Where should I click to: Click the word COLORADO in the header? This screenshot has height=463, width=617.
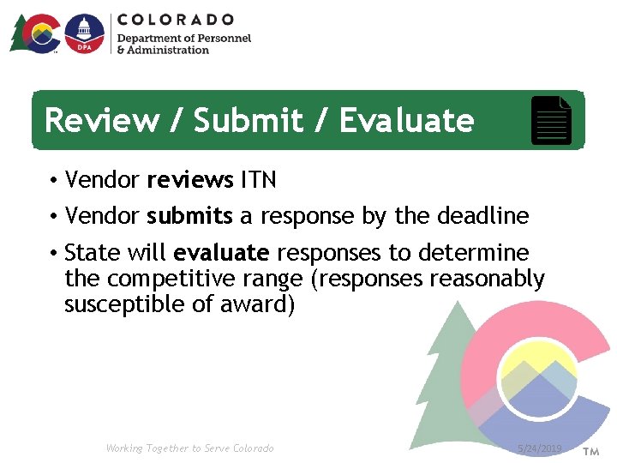point(176,19)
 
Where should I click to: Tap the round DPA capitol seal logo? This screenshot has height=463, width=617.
point(84,34)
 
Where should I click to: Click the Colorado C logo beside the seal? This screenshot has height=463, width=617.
point(39,34)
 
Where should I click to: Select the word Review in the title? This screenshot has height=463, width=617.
point(99,121)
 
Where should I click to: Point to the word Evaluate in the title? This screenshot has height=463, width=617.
point(406,121)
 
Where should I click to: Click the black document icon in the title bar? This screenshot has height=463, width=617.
point(551,121)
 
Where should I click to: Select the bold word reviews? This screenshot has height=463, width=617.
point(190,181)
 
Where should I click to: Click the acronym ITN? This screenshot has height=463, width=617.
point(258,181)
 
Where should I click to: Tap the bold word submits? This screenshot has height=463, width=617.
point(189,216)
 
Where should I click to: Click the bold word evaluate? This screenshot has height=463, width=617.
point(221,254)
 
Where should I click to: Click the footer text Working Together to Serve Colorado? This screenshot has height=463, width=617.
point(189,448)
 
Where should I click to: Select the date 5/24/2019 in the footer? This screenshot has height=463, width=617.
point(540,449)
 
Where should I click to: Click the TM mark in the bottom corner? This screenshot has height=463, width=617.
point(591,450)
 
